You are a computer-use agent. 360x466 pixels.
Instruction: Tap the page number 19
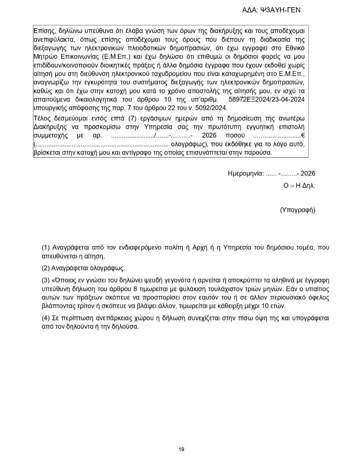tap(181, 450)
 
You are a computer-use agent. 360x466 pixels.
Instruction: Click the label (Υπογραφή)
tap(298, 209)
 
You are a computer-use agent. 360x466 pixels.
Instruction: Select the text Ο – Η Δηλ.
tap(300, 186)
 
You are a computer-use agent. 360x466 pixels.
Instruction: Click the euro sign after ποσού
tap(303, 136)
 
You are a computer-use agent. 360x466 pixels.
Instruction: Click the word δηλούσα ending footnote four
tap(125, 326)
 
